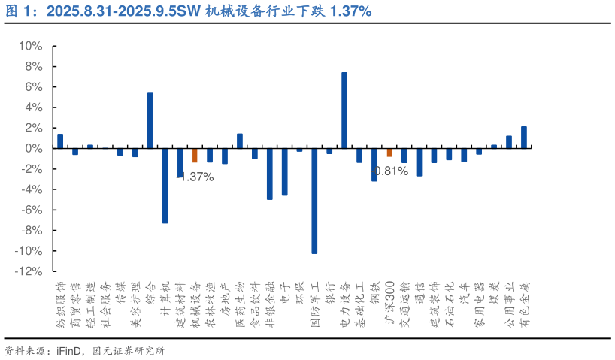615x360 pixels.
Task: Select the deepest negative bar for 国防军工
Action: coord(314,201)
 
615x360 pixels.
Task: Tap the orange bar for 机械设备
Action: coord(195,156)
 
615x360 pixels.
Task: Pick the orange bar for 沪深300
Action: coord(389,153)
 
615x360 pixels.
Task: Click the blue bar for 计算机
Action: coord(165,186)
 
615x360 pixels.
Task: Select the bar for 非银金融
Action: coord(269,174)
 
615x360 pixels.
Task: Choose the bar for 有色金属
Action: coord(524,138)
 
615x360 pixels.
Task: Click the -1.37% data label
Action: coord(197,177)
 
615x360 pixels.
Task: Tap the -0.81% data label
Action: coord(391,171)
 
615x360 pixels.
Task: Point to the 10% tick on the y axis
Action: coord(29,46)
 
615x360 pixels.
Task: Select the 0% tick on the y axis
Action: coord(32,149)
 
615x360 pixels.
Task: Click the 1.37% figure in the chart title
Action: coord(350,11)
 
